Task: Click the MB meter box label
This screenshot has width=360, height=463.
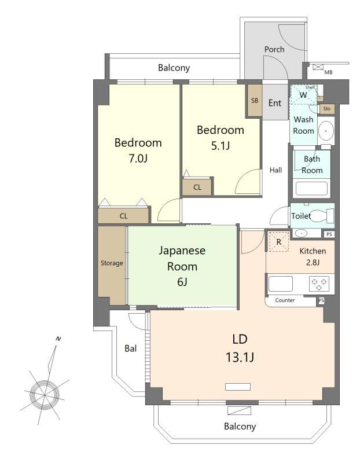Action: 328,72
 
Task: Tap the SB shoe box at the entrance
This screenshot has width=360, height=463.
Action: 255,100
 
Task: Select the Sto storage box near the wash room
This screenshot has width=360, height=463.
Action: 326,109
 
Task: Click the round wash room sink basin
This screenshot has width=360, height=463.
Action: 326,130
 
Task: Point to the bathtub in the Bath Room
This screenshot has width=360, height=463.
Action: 311,188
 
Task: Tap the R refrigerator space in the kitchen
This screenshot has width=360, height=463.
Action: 278,242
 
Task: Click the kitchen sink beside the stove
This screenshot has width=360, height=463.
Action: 280,284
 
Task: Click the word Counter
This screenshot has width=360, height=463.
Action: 285,300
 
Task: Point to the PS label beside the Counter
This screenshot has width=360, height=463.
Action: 321,300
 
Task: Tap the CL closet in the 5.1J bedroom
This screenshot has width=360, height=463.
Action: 197,186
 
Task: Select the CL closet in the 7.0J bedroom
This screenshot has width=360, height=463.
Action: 123,216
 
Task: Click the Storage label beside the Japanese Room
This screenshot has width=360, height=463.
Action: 112,263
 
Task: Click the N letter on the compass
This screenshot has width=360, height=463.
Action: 58,339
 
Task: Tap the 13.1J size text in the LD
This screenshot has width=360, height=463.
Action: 240,357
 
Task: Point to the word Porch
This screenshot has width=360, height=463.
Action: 274,49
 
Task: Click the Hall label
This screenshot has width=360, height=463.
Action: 275,170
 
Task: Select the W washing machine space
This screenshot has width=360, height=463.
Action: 303,94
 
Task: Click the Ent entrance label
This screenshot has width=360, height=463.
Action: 275,103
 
